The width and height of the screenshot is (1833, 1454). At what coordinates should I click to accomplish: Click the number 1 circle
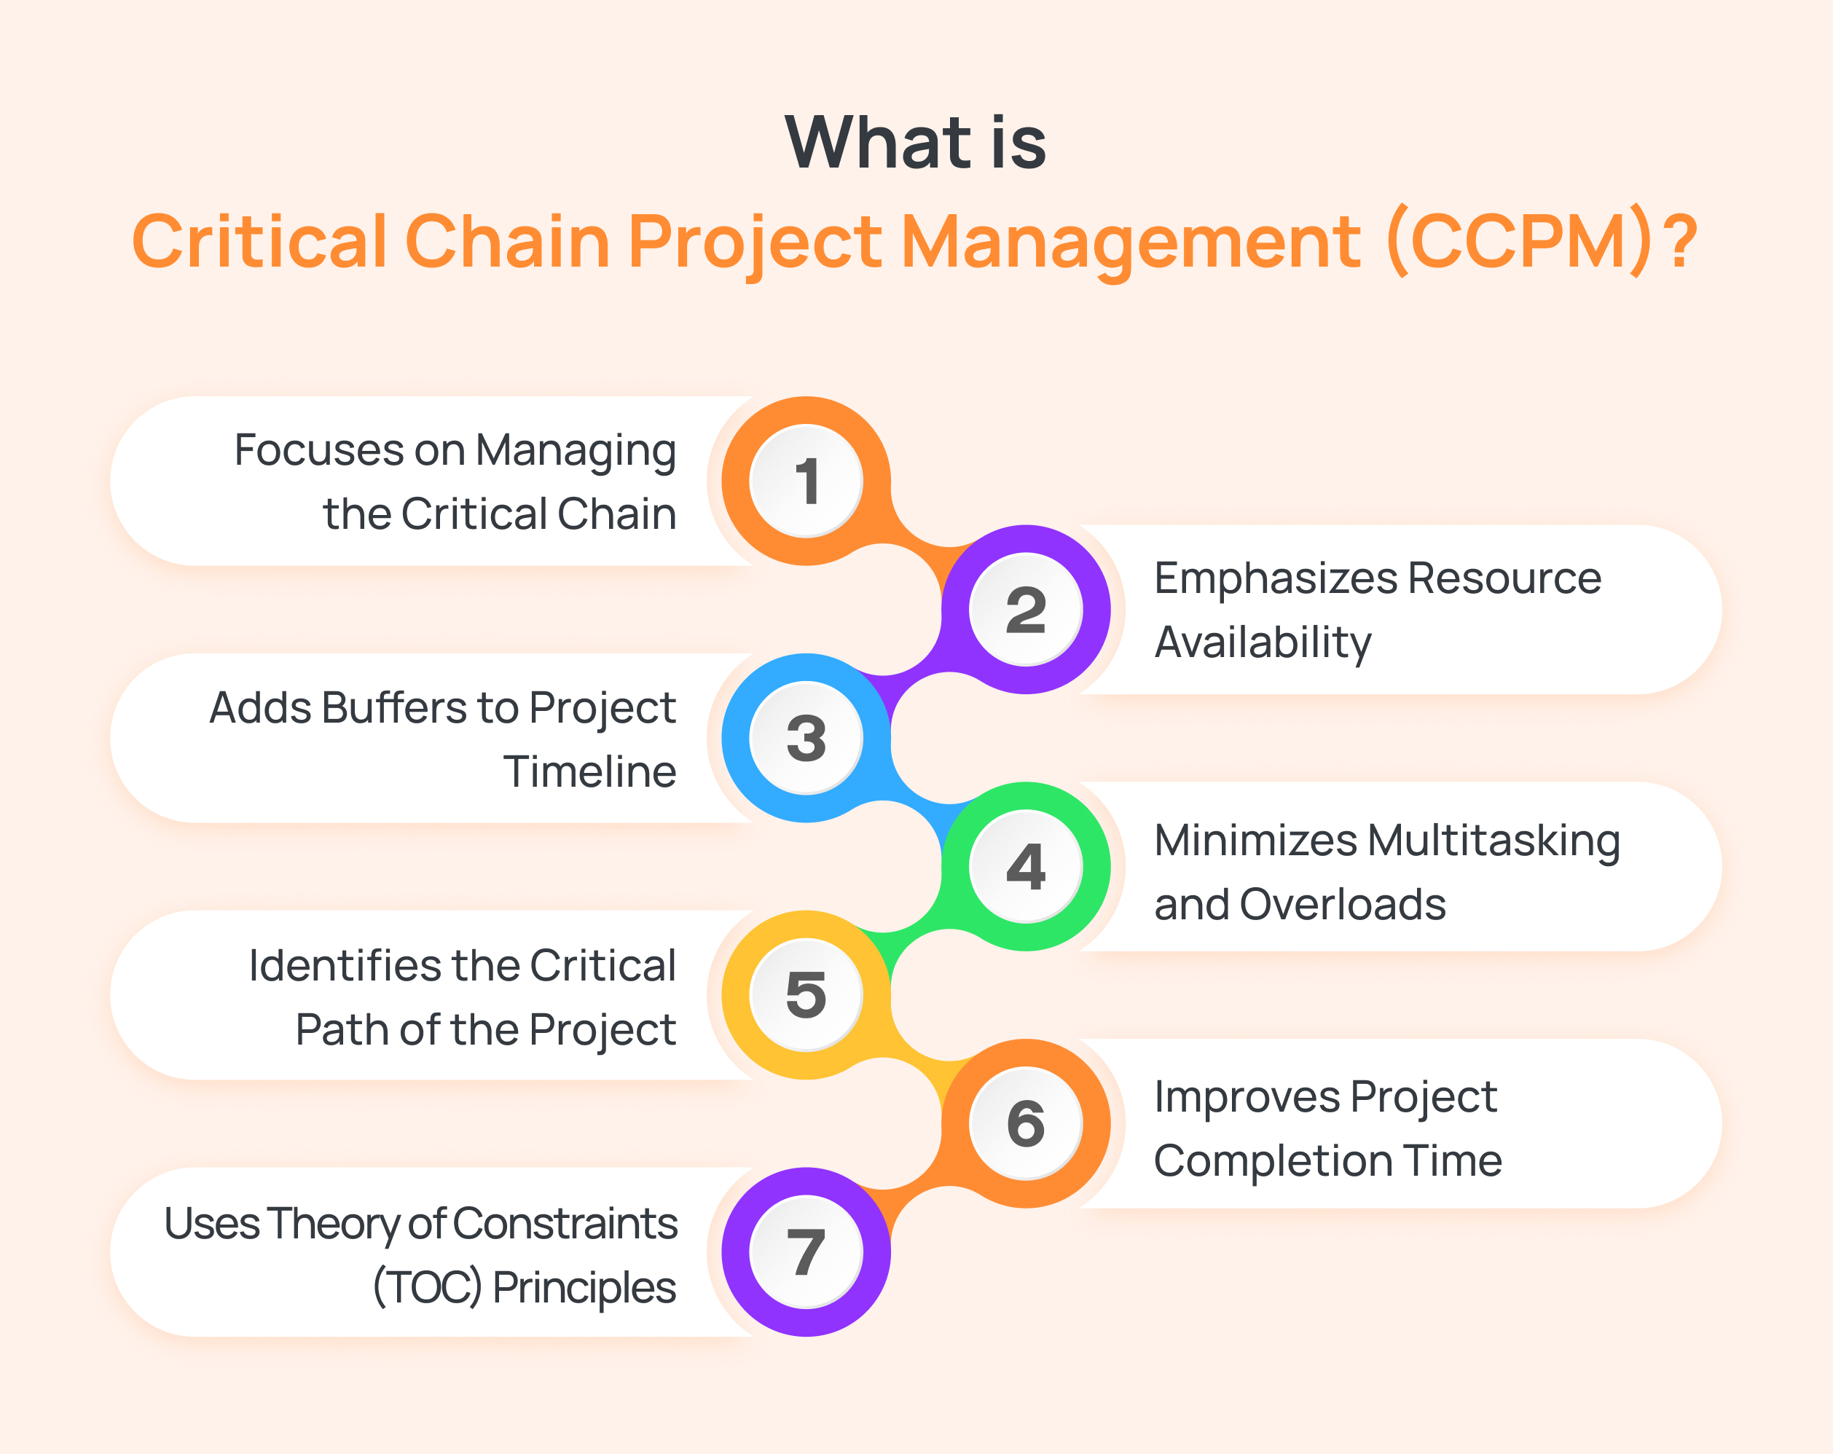coord(806,482)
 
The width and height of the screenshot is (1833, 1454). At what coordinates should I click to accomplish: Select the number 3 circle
coord(806,738)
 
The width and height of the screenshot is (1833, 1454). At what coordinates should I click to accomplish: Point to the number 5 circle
coord(806,995)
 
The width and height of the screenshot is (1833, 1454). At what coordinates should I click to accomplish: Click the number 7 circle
coord(806,1251)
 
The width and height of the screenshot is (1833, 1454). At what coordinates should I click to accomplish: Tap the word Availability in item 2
coord(1263,642)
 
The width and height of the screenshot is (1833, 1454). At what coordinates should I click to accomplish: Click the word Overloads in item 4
coord(1343,904)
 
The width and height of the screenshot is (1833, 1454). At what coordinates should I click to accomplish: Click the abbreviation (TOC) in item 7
coord(428,1287)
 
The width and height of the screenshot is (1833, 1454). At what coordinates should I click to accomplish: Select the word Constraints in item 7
coord(565,1224)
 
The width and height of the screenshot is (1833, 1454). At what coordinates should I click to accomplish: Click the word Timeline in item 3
coord(589,772)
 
